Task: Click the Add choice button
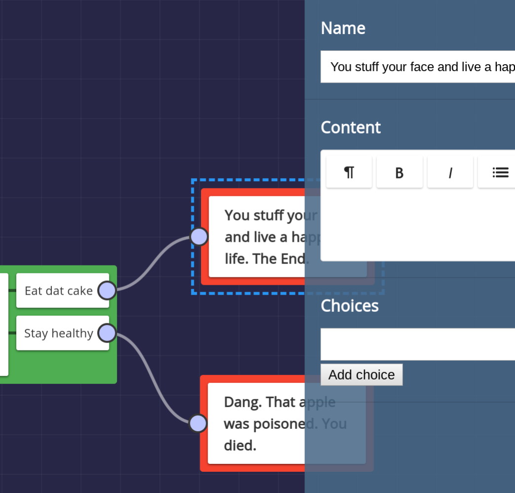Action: [361, 375]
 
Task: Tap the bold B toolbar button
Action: [400, 172]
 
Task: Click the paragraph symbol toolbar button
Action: [349, 172]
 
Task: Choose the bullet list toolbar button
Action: [499, 172]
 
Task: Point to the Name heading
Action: [343, 28]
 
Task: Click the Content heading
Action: [350, 127]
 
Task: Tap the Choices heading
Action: [349, 306]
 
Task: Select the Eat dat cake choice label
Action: [58, 291]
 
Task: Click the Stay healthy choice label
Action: [58, 334]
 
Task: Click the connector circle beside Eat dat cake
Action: [107, 290]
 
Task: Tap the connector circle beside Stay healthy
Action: [107, 333]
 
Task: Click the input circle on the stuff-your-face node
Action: [199, 237]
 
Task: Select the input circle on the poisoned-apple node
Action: [198, 423]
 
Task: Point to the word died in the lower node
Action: [240, 446]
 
